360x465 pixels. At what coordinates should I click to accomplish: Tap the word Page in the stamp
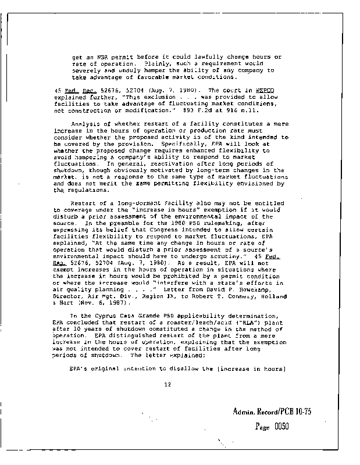[265, 426]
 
